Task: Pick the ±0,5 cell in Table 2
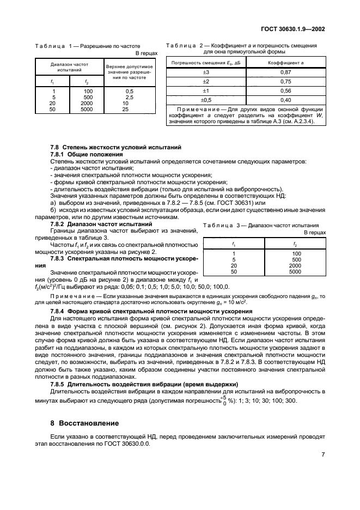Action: coord(206,100)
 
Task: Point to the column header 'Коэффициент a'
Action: coord(285,63)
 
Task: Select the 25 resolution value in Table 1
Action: coord(126,108)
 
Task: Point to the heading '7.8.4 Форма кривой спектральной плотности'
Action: coord(144,311)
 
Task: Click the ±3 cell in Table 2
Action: coord(206,72)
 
